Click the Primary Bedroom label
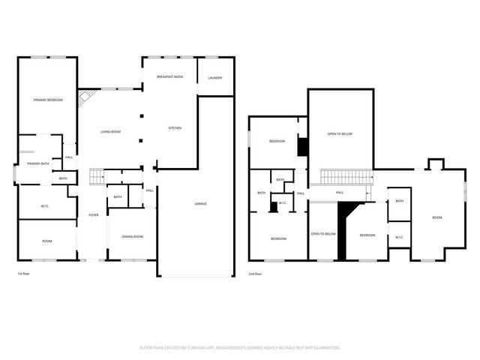tap(46, 100)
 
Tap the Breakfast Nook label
tap(170, 77)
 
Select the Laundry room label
tap(215, 77)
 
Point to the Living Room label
tap(111, 132)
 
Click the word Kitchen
tap(174, 128)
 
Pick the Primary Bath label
tap(38, 163)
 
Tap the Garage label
tap(201, 204)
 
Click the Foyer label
tap(94, 215)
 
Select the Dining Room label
tap(133, 237)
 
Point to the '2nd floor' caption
tap(255, 274)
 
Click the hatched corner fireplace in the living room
tap(88, 98)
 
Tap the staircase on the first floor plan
tap(96, 177)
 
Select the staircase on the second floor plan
tap(347, 177)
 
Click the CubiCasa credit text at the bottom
tap(240, 347)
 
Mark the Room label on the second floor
tap(437, 217)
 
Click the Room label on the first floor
tap(46, 241)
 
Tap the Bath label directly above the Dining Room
tap(118, 197)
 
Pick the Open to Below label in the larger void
tap(340, 134)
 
